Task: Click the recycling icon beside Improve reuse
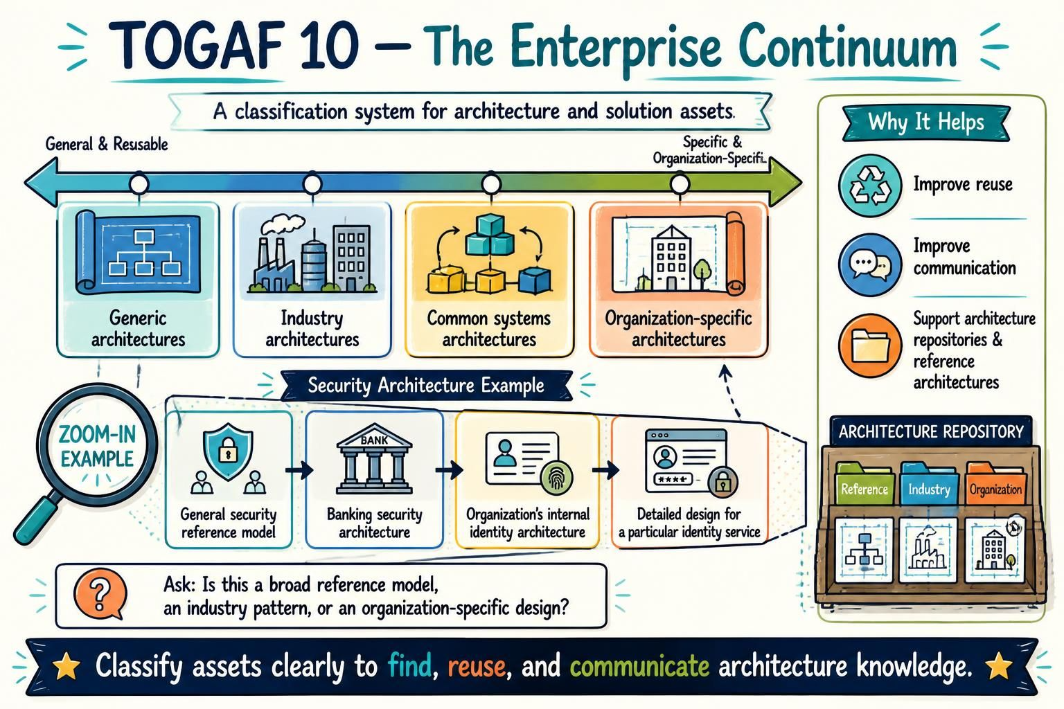[870, 186]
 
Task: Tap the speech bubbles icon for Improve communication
[870, 264]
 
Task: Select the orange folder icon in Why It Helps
[870, 345]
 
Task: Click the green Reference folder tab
[864, 485]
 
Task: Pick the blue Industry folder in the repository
[929, 485]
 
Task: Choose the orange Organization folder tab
[995, 485]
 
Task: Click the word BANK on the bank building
[374, 440]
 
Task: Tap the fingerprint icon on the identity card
[557, 479]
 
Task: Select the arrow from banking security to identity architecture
[449, 470]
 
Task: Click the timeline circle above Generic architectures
[139, 183]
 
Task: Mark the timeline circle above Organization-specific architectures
[680, 183]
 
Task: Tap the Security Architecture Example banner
[426, 385]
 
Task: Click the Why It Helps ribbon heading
[925, 123]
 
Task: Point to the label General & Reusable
[107, 144]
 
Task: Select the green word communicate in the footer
[639, 666]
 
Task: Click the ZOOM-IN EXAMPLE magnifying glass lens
[98, 445]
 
